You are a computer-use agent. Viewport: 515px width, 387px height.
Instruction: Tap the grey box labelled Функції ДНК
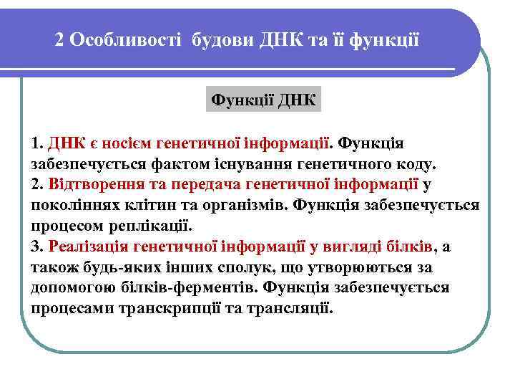tap(264, 97)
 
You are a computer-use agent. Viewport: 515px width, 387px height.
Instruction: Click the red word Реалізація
tap(92, 247)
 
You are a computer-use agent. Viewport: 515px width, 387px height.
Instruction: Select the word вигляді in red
tap(345, 247)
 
